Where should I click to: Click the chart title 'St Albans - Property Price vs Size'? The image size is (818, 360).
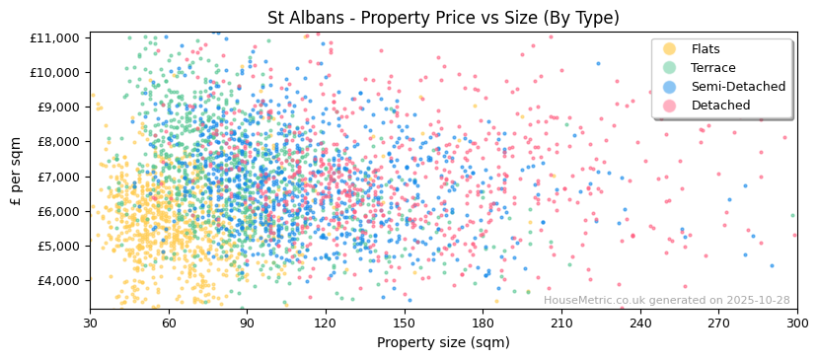click(443, 18)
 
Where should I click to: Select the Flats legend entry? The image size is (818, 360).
click(705, 49)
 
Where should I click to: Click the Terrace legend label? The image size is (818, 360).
click(712, 68)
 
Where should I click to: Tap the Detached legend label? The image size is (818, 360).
click(720, 106)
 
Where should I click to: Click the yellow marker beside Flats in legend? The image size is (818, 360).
click(669, 49)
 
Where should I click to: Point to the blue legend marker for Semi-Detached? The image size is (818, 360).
click(669, 87)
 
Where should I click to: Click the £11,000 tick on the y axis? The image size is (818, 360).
click(55, 37)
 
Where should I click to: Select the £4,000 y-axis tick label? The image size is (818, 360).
click(58, 280)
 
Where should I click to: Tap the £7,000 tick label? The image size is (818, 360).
click(58, 177)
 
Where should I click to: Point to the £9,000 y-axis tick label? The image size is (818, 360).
click(58, 108)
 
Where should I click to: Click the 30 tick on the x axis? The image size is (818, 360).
click(90, 323)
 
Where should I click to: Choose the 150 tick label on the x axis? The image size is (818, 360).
click(405, 323)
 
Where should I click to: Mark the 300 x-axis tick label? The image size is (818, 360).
click(797, 323)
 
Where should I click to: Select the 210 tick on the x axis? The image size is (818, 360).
click(561, 323)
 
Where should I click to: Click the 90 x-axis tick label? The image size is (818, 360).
click(248, 323)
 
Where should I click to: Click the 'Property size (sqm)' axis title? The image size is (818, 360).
click(443, 342)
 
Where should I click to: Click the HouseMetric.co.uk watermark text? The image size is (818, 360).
click(666, 301)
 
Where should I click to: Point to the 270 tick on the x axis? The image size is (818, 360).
click(718, 323)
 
